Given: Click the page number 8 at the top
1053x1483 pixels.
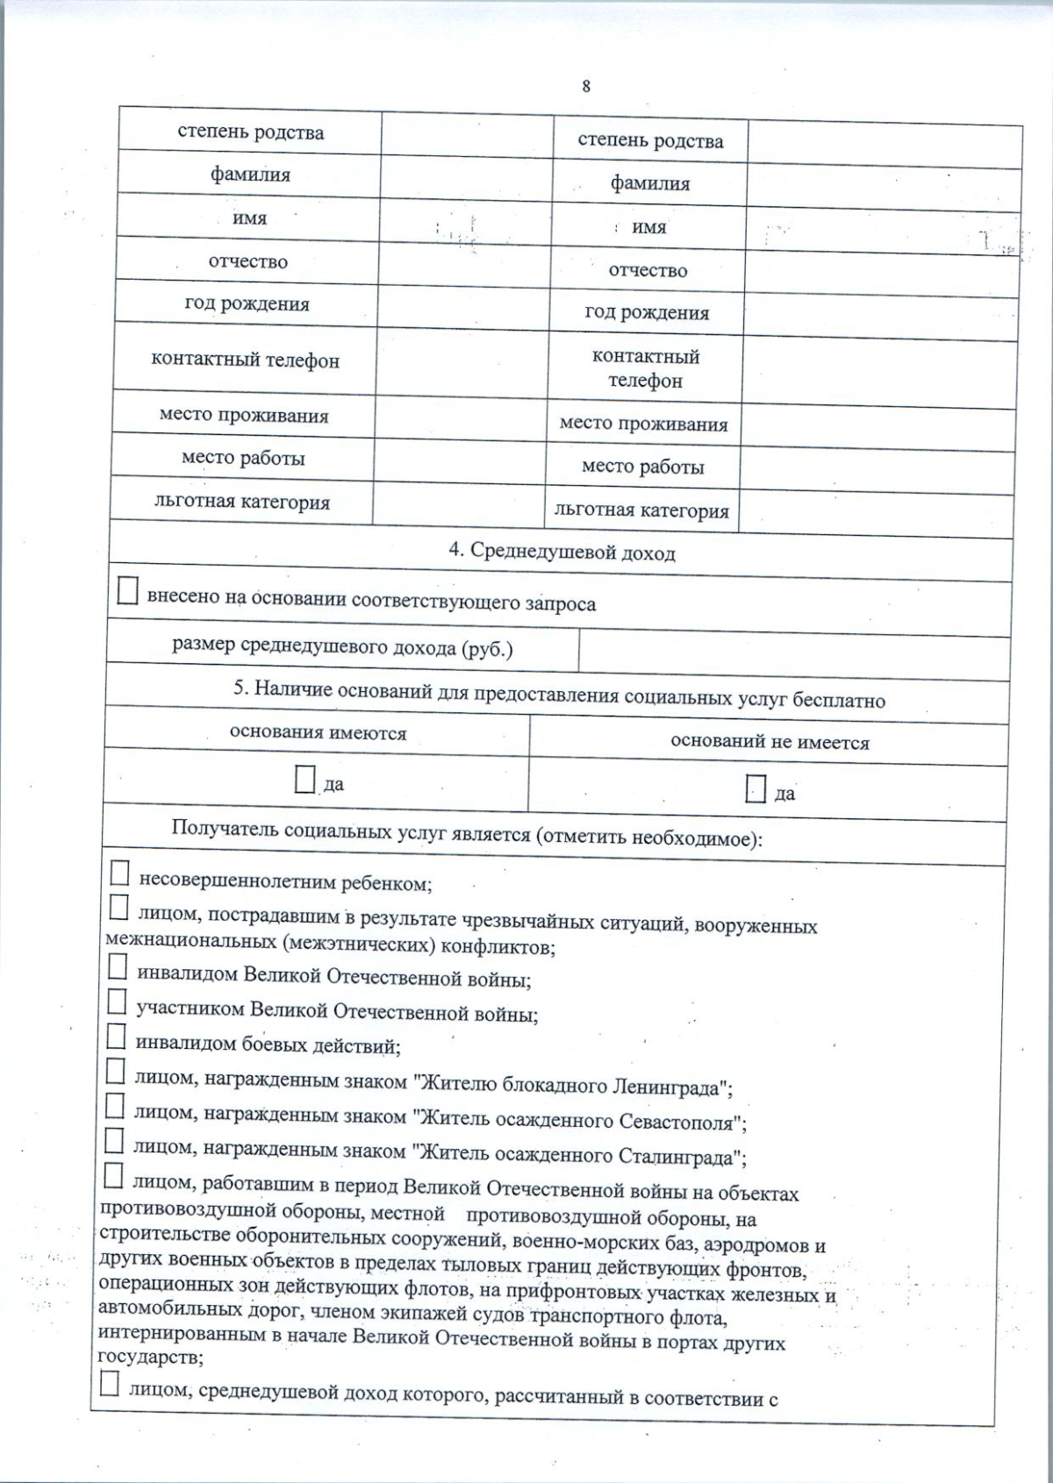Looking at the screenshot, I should pyautogui.click(x=586, y=86).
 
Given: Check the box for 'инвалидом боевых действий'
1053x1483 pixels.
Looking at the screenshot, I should pyautogui.click(x=117, y=1037).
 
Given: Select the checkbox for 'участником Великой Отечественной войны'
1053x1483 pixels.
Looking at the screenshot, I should pyautogui.click(x=118, y=1002).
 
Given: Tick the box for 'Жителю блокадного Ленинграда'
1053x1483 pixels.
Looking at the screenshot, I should pyautogui.click(x=116, y=1072).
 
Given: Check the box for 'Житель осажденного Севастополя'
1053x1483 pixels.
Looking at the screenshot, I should pyautogui.click(x=115, y=1107).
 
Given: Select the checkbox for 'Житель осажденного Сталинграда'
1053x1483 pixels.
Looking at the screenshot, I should pyautogui.click(x=114, y=1141).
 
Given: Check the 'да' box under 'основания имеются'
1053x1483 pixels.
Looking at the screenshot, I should pyautogui.click(x=304, y=780).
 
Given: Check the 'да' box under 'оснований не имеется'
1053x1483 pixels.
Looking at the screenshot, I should pyautogui.click(x=756, y=788).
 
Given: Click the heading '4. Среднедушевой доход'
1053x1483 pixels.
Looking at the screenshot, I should pyautogui.click(x=562, y=552).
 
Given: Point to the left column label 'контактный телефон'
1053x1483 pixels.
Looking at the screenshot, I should pyautogui.click(x=245, y=360).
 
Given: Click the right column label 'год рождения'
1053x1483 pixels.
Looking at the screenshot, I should pyautogui.click(x=647, y=313).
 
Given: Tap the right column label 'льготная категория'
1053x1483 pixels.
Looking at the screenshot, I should pyautogui.click(x=641, y=510).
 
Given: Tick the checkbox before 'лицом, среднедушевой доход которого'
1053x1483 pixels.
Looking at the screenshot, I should pyautogui.click(x=110, y=1385).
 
